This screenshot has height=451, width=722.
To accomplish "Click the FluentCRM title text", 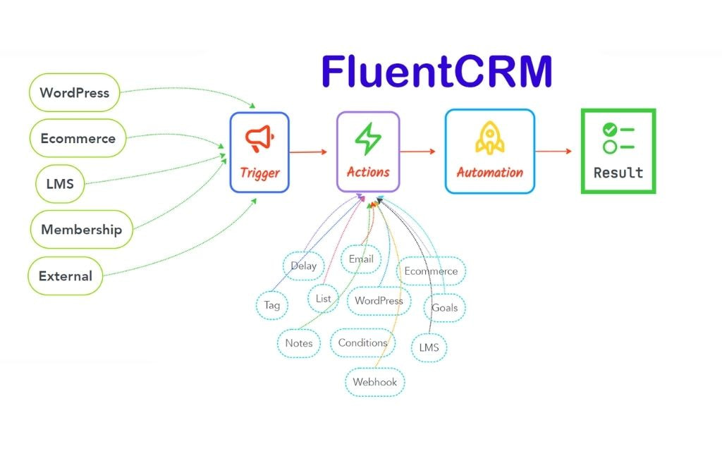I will point(436,72).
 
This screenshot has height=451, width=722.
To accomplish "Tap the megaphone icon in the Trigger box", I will point(259,138).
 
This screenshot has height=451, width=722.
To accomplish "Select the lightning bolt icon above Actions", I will point(367,139).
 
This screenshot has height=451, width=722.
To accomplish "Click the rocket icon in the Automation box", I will point(489,137).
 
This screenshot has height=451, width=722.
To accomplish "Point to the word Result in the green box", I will point(618,173).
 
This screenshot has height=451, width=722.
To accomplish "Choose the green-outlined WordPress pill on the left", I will point(74,92).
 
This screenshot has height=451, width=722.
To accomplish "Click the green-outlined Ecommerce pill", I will point(78,138).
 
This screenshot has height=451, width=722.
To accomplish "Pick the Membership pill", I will point(81,229).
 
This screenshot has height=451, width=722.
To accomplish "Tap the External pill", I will point(65,276).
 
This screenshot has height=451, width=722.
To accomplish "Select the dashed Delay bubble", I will point(304,266).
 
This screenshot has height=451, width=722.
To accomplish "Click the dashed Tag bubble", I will point(271,305).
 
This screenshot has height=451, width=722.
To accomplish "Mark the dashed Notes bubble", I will point(299,343).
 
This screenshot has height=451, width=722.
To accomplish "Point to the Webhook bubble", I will point(375,382).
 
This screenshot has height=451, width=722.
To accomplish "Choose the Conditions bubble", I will point(362,342).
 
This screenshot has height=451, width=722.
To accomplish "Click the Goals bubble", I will point(444,307).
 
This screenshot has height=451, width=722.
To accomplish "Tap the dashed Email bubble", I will point(361,259).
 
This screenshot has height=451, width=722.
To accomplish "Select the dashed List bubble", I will point(323,299).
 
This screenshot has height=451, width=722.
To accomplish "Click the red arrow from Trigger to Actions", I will point(310,152).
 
